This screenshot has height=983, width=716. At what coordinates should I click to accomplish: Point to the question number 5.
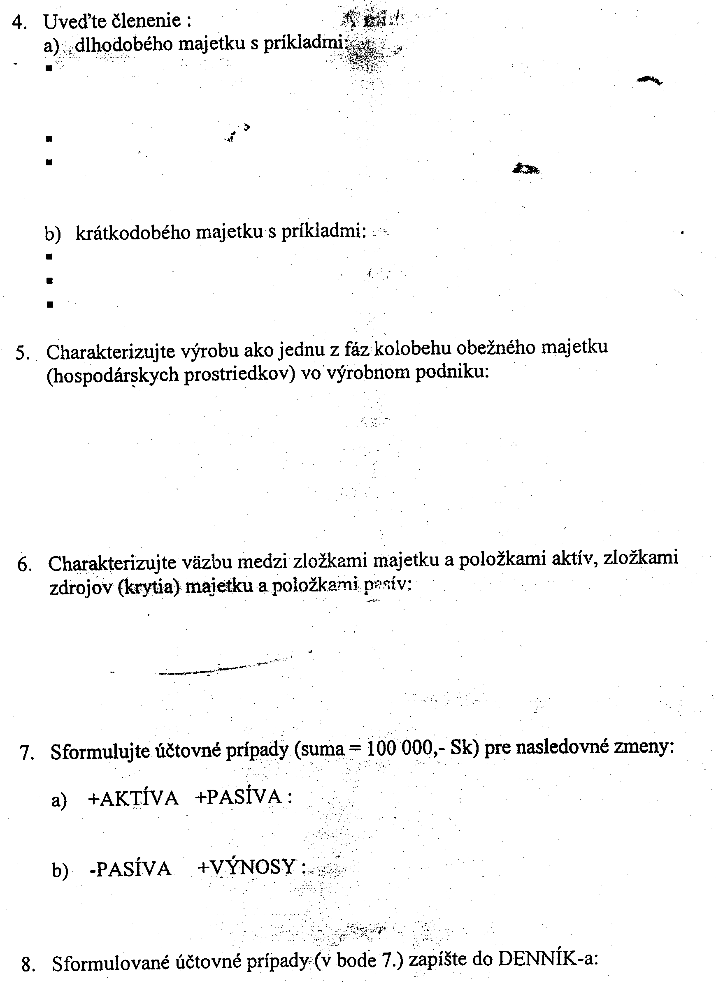tap(22, 354)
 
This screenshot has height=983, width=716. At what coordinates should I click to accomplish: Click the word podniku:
tap(452, 372)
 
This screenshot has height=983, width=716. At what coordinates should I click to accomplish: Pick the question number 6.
tap(24, 565)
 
